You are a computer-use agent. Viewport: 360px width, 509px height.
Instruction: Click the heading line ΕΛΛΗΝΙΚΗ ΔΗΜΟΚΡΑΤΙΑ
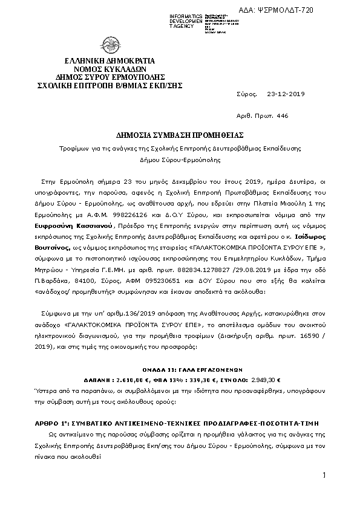pyautogui.click(x=110, y=61)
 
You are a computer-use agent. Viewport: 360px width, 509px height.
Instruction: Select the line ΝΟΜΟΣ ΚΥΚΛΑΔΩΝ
pyautogui.click(x=110, y=70)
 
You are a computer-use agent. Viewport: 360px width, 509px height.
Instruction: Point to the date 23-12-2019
pyautogui.click(x=286, y=94)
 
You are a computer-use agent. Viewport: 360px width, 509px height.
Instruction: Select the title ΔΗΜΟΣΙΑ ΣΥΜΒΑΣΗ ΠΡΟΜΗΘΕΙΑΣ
pyautogui.click(x=180, y=134)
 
